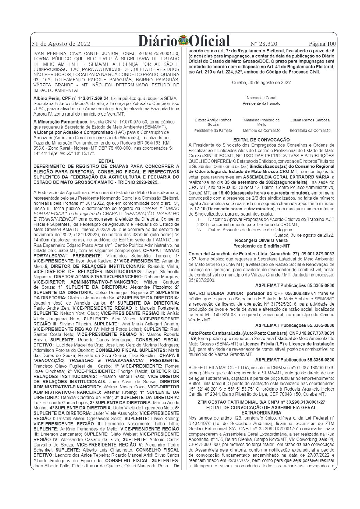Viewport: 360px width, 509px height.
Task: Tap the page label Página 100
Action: [322, 44]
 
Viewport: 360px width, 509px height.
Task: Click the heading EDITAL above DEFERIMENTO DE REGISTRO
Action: [106, 161]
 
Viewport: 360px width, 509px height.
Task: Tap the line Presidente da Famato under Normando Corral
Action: [261, 103]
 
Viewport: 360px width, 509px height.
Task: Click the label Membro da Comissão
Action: [261, 130]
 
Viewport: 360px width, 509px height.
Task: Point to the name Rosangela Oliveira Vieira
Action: [261, 240]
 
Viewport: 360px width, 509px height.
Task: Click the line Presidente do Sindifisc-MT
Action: [261, 245]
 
